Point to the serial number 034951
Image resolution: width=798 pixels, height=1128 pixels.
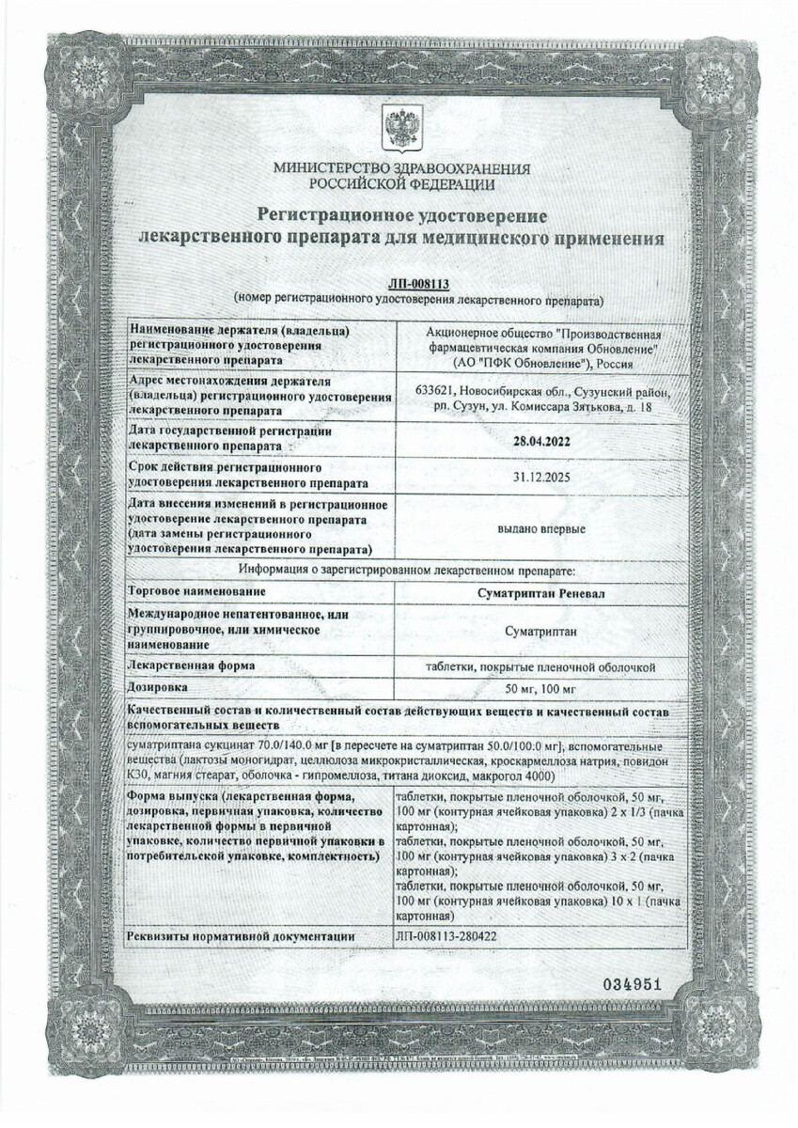pyautogui.click(x=634, y=984)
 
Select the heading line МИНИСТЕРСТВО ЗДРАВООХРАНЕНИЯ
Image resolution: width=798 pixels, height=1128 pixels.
pyautogui.click(x=401, y=168)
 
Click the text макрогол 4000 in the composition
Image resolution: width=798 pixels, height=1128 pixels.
pyautogui.click(x=511, y=775)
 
